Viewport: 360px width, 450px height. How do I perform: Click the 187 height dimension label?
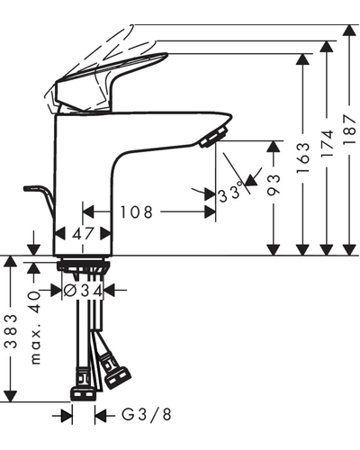(349, 130)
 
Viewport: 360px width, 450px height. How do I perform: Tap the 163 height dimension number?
(302, 157)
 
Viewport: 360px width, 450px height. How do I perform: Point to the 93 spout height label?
(274, 185)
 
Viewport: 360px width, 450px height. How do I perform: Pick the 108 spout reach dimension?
(137, 212)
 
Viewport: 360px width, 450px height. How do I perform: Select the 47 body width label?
(83, 233)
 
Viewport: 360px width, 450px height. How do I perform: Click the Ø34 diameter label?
(84, 290)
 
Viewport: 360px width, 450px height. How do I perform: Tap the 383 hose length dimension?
(12, 331)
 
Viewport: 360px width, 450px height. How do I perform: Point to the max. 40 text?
(35, 328)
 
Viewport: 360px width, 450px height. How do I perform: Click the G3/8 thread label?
(147, 415)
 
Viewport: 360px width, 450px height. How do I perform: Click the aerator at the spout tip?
(213, 137)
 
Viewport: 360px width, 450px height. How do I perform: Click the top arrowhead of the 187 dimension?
(349, 31)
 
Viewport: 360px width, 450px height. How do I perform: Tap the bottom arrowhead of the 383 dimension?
(12, 396)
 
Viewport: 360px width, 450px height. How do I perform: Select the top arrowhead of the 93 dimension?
(274, 147)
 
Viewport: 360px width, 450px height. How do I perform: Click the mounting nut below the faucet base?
(84, 265)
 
